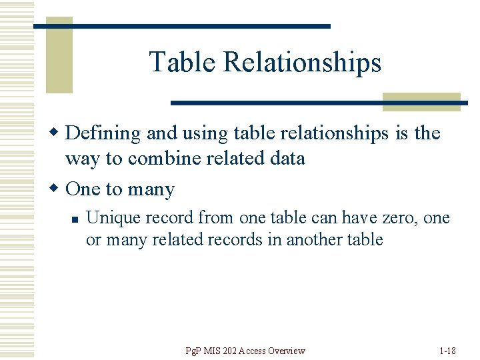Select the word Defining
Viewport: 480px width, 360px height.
103,133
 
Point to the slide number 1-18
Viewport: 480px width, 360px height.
448,351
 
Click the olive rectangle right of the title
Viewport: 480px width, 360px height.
421,101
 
